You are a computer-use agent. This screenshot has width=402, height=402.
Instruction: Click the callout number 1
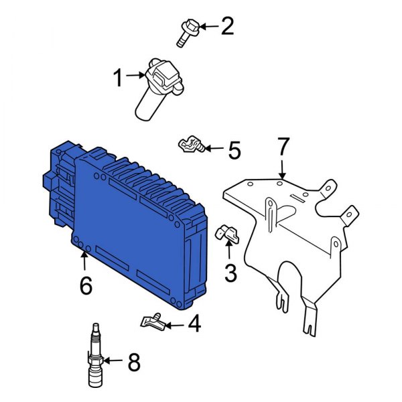(x=118, y=80)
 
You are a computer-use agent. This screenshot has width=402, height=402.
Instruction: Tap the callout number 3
(x=230, y=272)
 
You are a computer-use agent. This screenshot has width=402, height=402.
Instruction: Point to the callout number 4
(x=194, y=325)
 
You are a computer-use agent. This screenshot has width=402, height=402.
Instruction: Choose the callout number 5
(x=233, y=150)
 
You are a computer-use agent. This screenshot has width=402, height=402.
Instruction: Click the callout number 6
(x=85, y=285)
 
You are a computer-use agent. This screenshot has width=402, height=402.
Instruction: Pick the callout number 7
(x=283, y=145)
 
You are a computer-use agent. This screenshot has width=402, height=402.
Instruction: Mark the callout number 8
(x=134, y=362)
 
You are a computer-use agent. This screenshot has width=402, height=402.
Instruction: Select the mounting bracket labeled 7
(x=295, y=228)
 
